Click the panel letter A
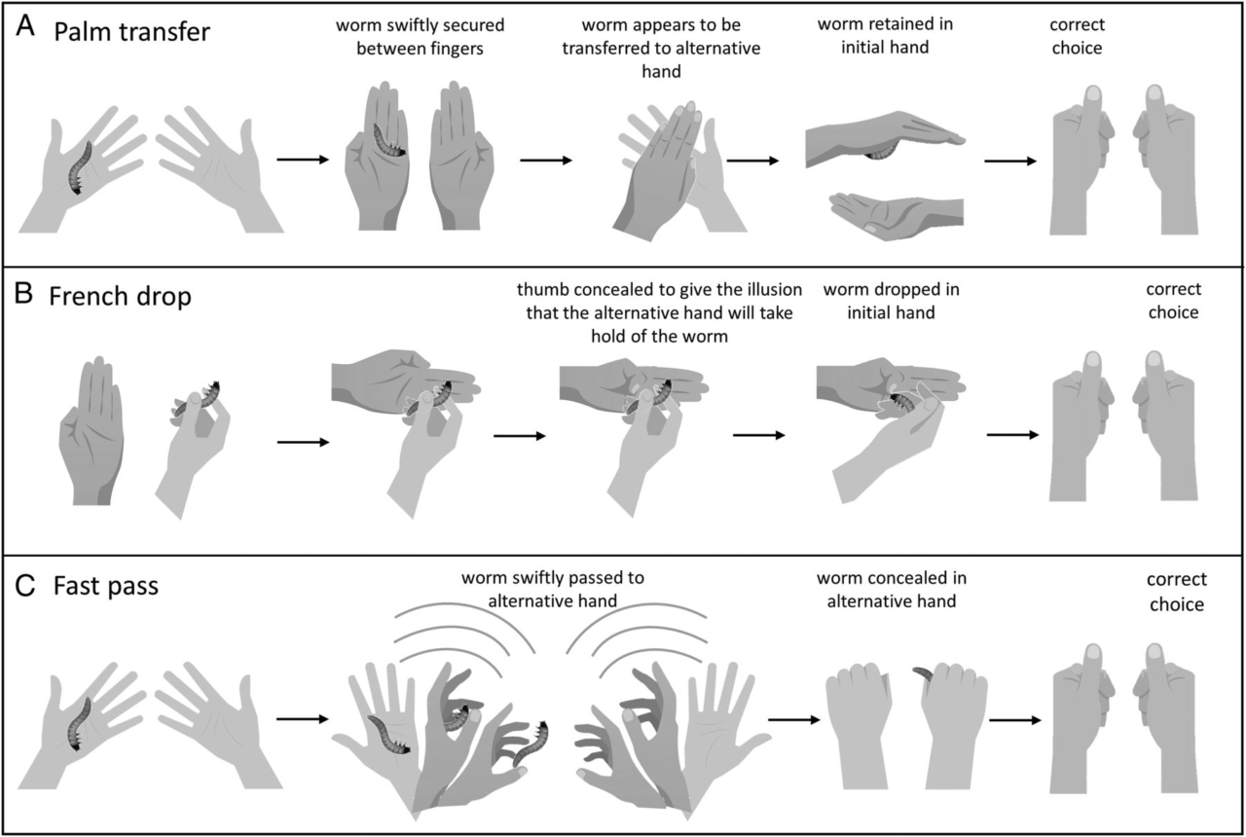(26, 29)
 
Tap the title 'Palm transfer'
(131, 31)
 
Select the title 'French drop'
(120, 296)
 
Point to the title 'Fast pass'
(107, 587)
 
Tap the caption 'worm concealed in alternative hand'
(892, 590)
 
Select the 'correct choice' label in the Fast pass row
(1177, 592)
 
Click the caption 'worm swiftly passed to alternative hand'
(555, 589)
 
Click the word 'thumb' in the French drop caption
(539, 289)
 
